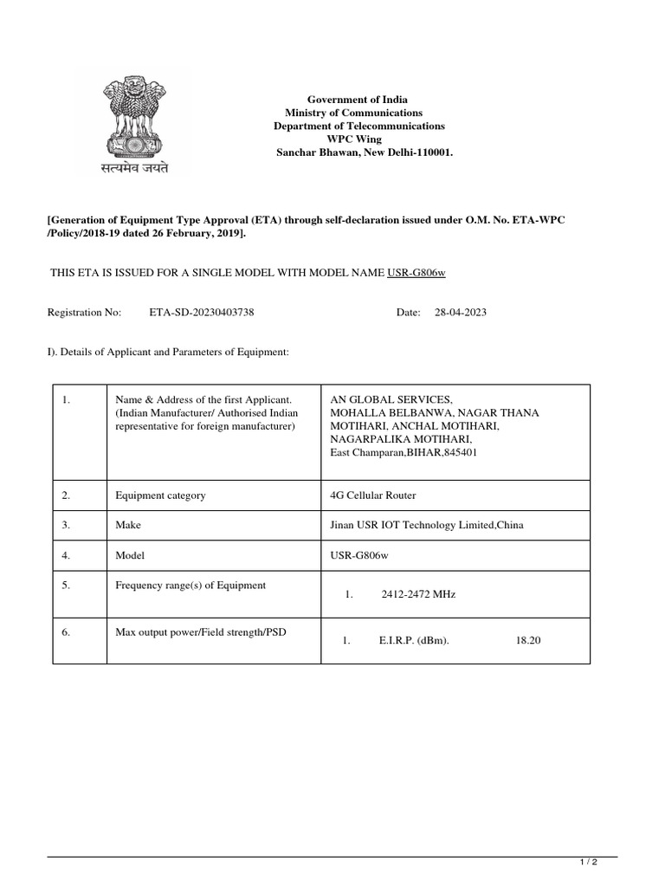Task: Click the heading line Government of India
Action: [x=364, y=100]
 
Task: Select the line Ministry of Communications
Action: [x=354, y=113]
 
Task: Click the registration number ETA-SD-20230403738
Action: [x=202, y=312]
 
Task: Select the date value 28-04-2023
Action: [x=461, y=312]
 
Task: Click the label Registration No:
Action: [x=84, y=312]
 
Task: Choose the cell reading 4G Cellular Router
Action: [x=372, y=495]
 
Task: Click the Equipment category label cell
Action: [x=161, y=495]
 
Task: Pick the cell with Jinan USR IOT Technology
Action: [x=426, y=525]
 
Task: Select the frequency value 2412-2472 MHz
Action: [x=418, y=595]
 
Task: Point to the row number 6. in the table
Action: [x=66, y=632]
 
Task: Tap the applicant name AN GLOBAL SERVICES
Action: [x=391, y=399]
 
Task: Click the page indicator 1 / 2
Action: [x=588, y=863]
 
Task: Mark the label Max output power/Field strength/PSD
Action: [x=201, y=632]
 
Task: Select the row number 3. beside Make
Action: [x=66, y=525]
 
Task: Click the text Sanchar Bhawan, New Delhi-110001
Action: [x=364, y=152]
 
